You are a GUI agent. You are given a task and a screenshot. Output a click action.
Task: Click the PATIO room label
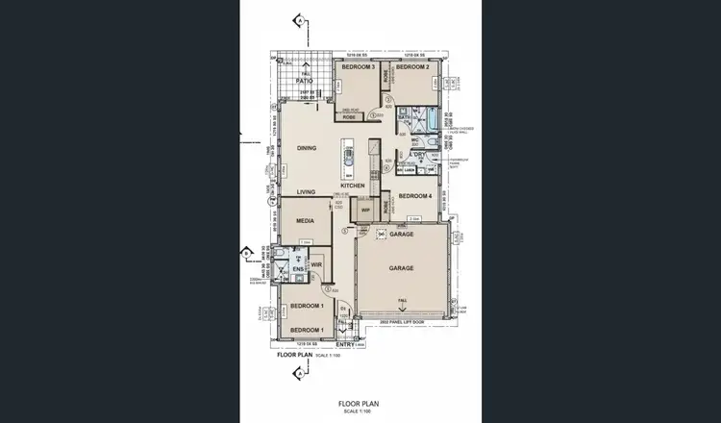306,81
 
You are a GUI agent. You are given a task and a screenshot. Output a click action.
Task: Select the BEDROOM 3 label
359,68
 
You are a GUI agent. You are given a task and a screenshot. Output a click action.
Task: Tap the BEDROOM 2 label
411,68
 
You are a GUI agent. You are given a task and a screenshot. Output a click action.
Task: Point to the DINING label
307,148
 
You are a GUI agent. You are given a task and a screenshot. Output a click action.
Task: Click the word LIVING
307,192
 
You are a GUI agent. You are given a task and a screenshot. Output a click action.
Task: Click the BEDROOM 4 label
416,196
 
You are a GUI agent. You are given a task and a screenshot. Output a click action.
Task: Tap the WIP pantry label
365,210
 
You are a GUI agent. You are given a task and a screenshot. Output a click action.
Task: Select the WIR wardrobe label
315,264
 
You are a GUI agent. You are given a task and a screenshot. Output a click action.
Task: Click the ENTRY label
345,344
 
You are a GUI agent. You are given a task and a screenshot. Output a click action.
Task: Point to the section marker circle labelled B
246,253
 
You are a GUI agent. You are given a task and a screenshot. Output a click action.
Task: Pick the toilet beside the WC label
431,145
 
